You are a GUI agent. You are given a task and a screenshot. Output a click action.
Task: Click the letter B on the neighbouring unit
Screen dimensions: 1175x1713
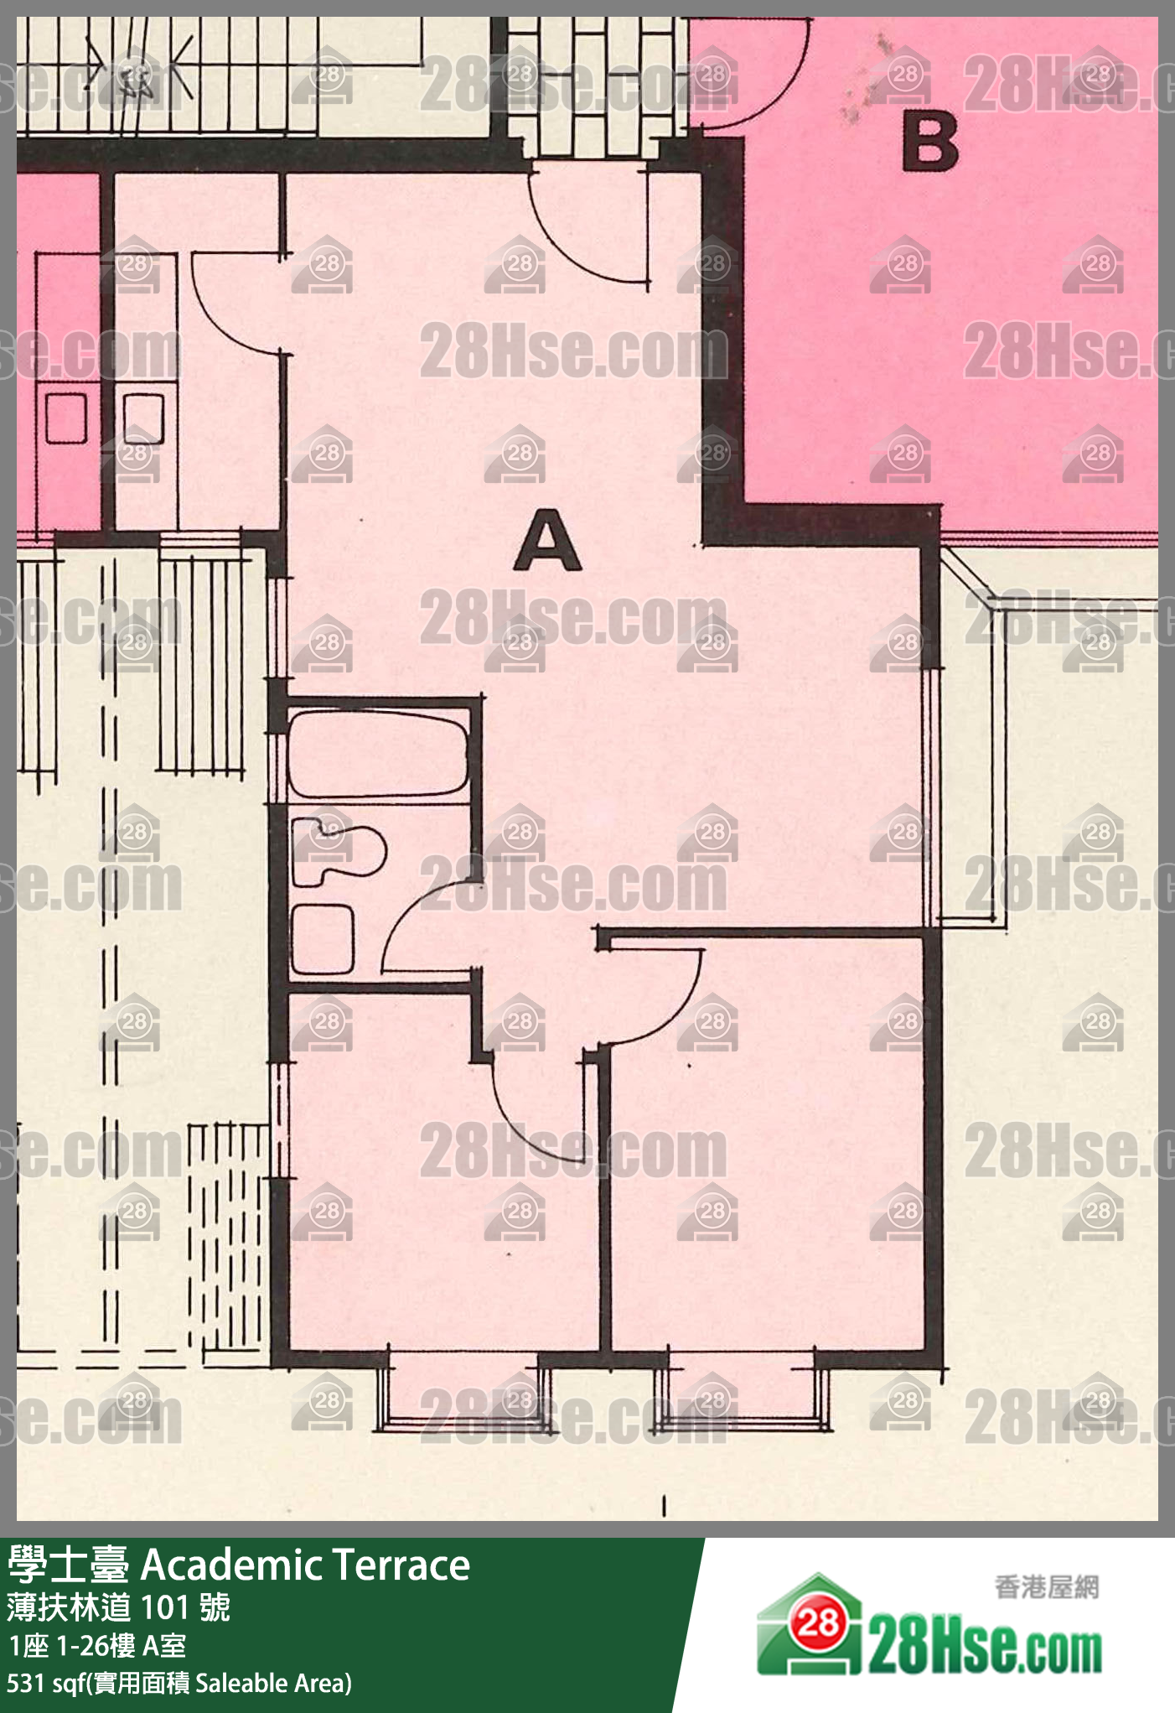pos(930,142)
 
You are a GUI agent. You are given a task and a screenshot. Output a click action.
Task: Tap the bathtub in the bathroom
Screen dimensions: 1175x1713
pos(378,753)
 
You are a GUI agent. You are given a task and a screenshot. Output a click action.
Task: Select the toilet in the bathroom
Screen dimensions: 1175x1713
pos(338,850)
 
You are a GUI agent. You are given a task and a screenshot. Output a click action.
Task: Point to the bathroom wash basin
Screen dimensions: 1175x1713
pos(322,939)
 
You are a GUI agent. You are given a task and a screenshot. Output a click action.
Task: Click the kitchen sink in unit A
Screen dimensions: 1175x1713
pos(143,418)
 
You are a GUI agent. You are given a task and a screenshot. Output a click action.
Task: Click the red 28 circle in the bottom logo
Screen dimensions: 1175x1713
pos(817,1622)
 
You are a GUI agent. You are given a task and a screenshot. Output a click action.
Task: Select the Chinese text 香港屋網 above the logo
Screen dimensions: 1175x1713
pos(1046,1586)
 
